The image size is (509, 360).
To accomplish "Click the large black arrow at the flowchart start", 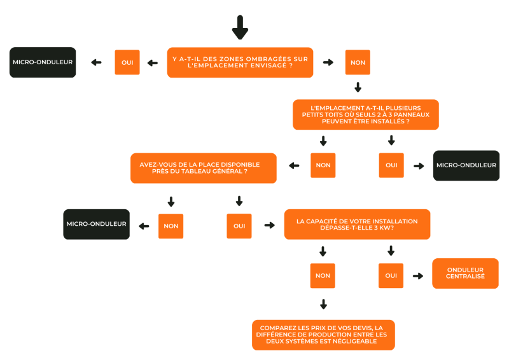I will tap(240, 27).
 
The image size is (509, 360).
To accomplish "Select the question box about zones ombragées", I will tap(240, 62).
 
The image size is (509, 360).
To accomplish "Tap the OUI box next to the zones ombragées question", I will tap(127, 62).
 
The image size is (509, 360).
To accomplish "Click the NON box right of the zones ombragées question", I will tap(358, 62).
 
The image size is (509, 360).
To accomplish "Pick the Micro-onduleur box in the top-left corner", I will tap(43, 62).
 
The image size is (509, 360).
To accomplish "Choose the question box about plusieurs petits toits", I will tap(366, 114).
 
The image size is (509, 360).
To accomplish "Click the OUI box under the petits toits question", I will tap(391, 165).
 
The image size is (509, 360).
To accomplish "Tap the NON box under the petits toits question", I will tap(323, 165).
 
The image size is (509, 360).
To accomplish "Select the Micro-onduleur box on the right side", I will tap(466, 165).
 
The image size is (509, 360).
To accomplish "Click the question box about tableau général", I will tap(204, 168).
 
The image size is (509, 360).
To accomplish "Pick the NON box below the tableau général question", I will tap(171, 225).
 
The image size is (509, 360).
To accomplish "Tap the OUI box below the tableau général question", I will tap(239, 225).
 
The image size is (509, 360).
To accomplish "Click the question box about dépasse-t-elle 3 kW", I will tap(357, 225).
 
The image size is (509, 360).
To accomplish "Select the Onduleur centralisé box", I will tap(465, 273).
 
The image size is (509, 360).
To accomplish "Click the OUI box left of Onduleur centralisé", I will tap(391, 275).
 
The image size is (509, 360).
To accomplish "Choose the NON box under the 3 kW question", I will tap(323, 275).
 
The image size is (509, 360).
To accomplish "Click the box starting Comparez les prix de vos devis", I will tap(323, 335).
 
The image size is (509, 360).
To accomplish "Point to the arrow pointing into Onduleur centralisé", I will tap(418, 275).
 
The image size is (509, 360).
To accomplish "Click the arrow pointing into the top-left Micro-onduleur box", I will tap(96, 62).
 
